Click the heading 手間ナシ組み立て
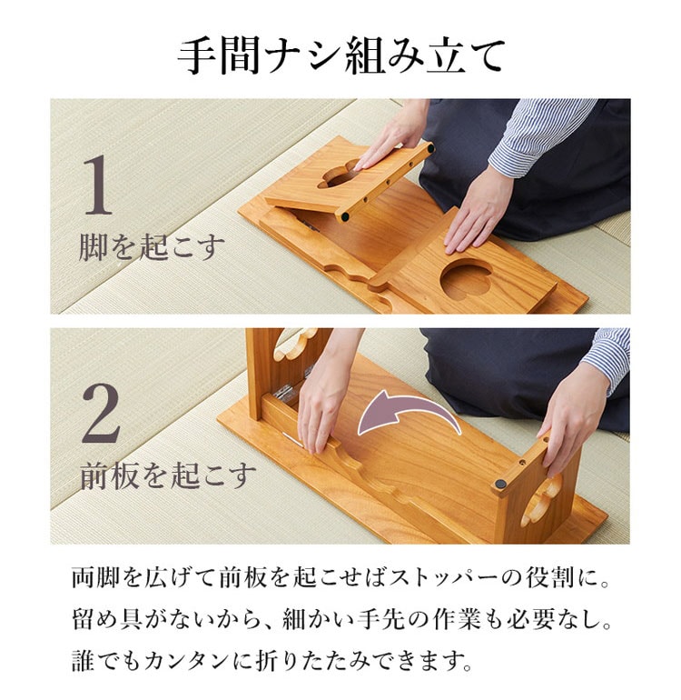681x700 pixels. [341, 56]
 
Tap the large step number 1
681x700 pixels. [98, 185]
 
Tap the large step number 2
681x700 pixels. [101, 414]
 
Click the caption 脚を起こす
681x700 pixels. [152, 248]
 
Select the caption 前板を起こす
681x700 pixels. [168, 476]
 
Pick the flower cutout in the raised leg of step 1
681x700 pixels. [339, 174]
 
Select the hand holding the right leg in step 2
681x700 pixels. [572, 425]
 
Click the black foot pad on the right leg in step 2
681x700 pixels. [502, 485]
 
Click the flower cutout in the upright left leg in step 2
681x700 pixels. [294, 345]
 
